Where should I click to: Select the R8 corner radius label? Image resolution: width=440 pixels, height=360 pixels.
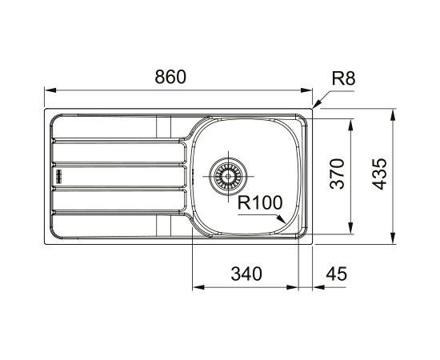click(343, 78)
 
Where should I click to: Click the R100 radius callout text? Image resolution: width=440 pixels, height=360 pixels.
click(261, 203)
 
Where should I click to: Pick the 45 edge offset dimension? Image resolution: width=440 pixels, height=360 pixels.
click(338, 274)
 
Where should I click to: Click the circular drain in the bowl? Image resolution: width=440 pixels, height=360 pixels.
click(228, 173)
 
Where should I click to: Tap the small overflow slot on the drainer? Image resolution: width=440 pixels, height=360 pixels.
click(58, 174)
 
